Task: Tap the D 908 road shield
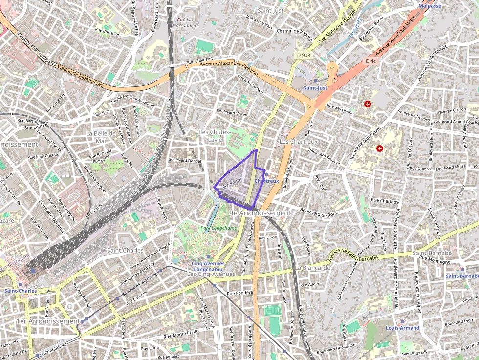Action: coord(304,55)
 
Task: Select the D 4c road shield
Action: coord(371,61)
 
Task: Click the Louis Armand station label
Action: coord(402,328)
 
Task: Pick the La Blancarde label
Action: coord(313,268)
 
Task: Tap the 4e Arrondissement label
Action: coord(260,213)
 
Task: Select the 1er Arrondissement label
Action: coord(47,321)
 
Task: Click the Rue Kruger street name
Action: coord(232,183)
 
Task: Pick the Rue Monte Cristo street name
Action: coord(181,333)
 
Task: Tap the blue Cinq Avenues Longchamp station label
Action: coord(208,266)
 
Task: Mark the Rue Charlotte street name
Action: coord(385,201)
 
